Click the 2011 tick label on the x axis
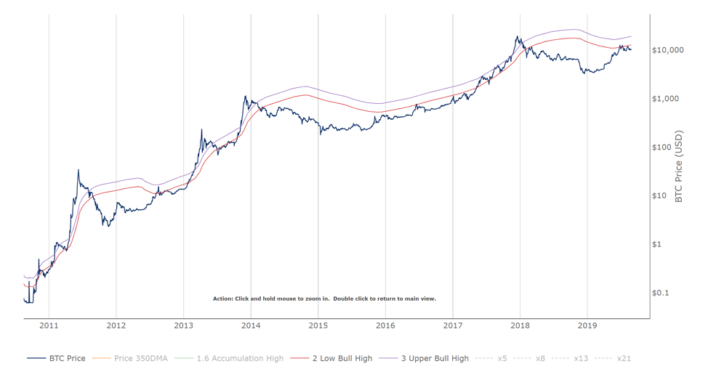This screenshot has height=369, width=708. (x=49, y=325)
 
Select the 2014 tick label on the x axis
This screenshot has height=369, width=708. (x=251, y=325)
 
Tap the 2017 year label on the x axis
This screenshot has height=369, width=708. (x=453, y=325)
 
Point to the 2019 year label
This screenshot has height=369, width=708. (x=587, y=325)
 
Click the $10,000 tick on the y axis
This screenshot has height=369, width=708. (x=668, y=50)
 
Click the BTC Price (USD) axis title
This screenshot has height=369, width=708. (x=680, y=166)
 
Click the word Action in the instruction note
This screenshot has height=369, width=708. (x=222, y=299)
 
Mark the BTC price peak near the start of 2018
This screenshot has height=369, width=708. (x=518, y=36)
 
